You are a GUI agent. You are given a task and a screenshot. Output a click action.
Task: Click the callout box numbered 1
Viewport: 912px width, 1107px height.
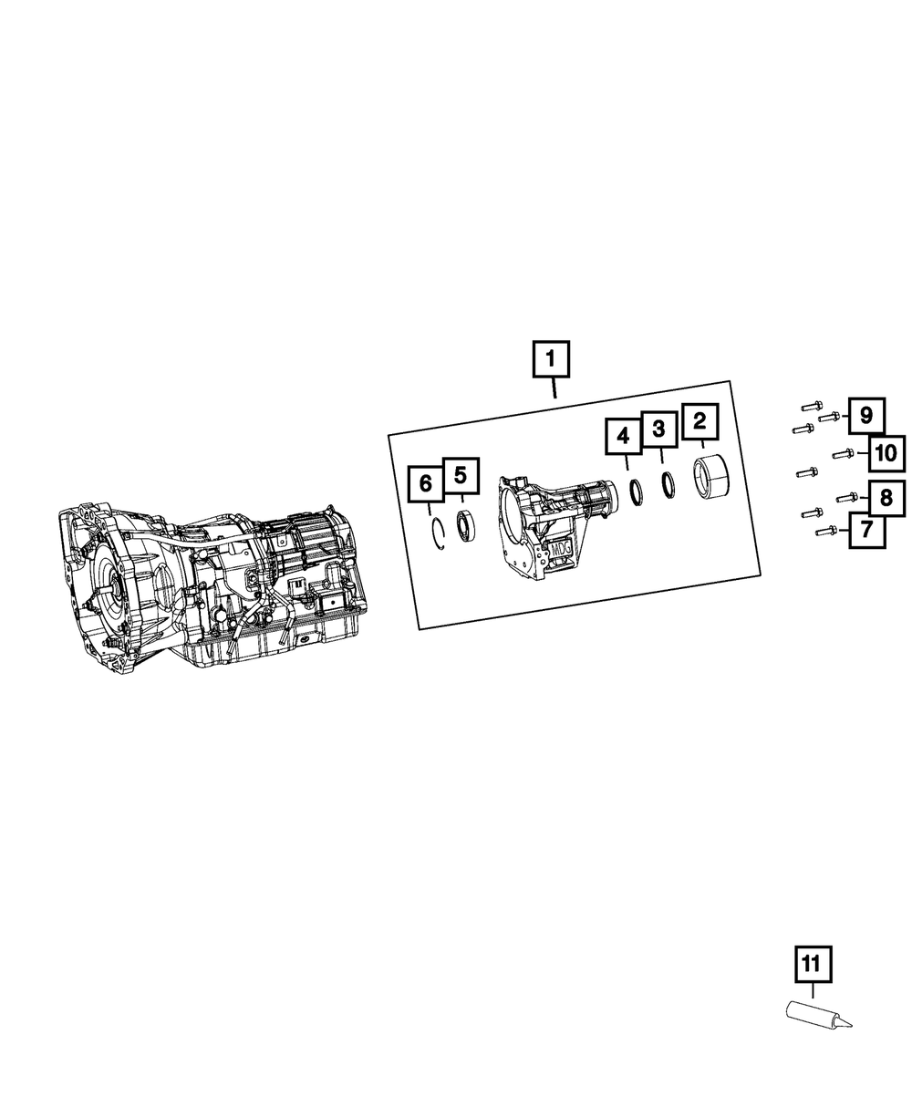tap(551, 359)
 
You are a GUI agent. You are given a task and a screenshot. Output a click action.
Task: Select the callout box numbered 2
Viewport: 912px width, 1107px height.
tap(700, 421)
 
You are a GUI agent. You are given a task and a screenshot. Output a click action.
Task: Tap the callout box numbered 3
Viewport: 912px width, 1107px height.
tap(658, 429)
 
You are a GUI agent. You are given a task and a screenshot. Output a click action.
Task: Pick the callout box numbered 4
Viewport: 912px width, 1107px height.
tap(624, 437)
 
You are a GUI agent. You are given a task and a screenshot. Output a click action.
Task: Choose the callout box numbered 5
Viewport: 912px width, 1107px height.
tap(461, 476)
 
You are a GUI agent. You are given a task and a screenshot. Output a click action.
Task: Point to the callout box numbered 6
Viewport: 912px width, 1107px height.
tap(426, 483)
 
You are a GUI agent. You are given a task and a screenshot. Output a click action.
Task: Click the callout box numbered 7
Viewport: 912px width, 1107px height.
tap(867, 530)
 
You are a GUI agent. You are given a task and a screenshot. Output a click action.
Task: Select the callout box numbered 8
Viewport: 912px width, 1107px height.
tap(886, 498)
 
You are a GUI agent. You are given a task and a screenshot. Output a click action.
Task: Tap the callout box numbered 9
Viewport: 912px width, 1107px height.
tap(866, 416)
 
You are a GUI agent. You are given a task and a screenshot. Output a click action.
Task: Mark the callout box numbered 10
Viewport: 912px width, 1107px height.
tap(886, 454)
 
